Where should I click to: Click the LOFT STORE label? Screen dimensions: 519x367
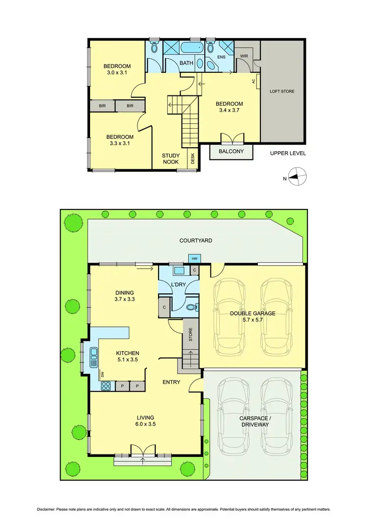click(282, 91)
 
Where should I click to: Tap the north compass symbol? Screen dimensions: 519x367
click(297, 176)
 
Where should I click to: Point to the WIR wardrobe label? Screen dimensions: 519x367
click(244, 56)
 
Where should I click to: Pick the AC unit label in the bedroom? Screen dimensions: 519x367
click(254, 81)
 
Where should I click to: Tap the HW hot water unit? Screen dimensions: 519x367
click(194, 258)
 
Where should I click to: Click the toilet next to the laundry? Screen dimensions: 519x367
click(191, 308)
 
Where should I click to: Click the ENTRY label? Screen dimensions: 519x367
click(172, 382)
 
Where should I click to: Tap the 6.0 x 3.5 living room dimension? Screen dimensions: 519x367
click(145, 425)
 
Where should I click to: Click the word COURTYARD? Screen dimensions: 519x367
click(196, 240)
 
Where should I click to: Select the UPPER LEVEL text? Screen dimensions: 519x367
click(288, 153)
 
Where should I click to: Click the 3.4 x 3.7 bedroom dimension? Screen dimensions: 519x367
click(229, 111)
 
